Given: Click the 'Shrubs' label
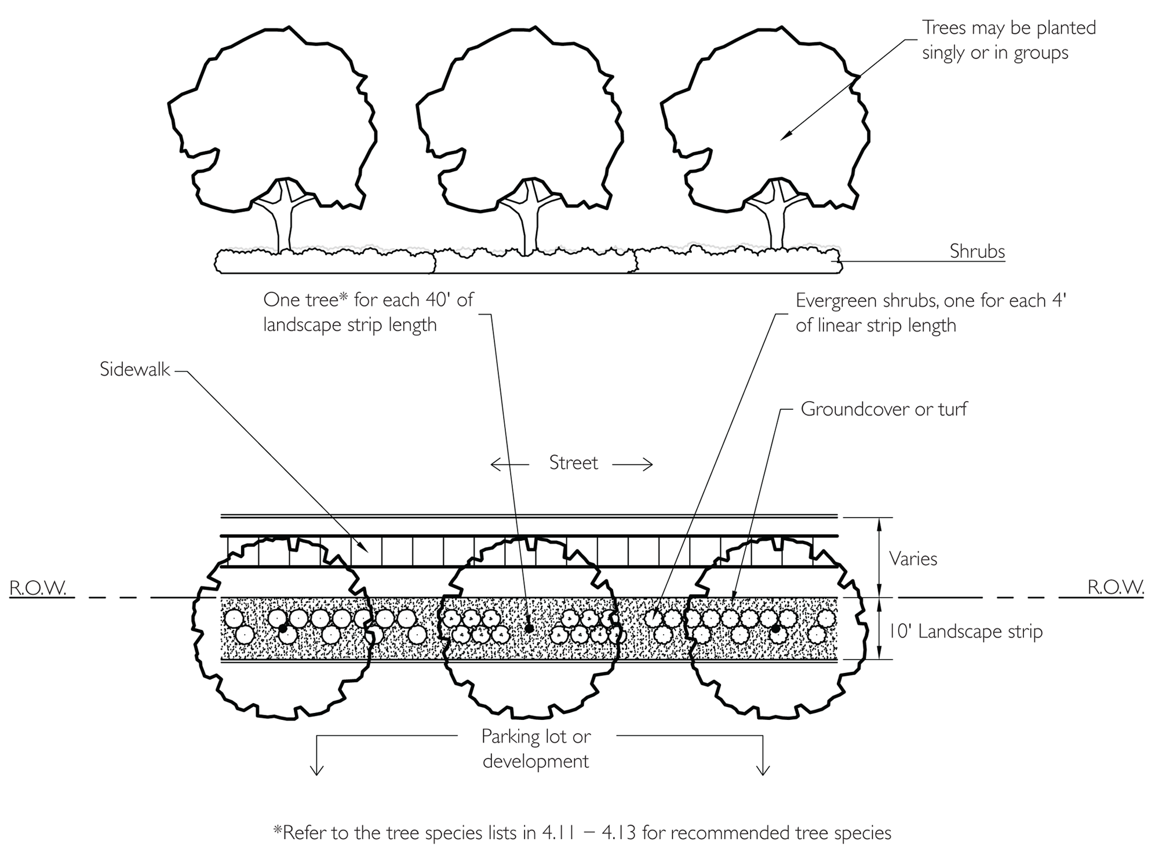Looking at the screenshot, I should pyautogui.click(x=977, y=252).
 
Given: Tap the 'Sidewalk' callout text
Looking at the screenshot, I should pyautogui.click(x=134, y=370).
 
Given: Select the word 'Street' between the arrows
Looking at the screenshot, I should pyautogui.click(x=573, y=463).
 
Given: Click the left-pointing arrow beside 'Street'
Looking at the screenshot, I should pyautogui.click(x=509, y=464).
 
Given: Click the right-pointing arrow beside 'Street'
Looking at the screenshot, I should pyautogui.click(x=633, y=464).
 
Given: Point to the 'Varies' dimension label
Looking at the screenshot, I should pyautogui.click(x=913, y=559).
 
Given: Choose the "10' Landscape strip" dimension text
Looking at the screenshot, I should pyautogui.click(x=965, y=631).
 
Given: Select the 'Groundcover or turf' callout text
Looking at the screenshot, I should pyautogui.click(x=884, y=409).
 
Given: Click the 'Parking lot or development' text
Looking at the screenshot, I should pyautogui.click(x=536, y=748).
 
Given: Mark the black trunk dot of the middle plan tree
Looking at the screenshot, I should pyautogui.click(x=529, y=628).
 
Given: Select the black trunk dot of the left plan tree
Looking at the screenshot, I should pyautogui.click(x=283, y=628).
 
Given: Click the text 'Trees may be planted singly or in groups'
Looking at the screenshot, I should pyautogui.click(x=1008, y=40).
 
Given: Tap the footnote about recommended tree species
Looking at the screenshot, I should pyautogui.click(x=582, y=833).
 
